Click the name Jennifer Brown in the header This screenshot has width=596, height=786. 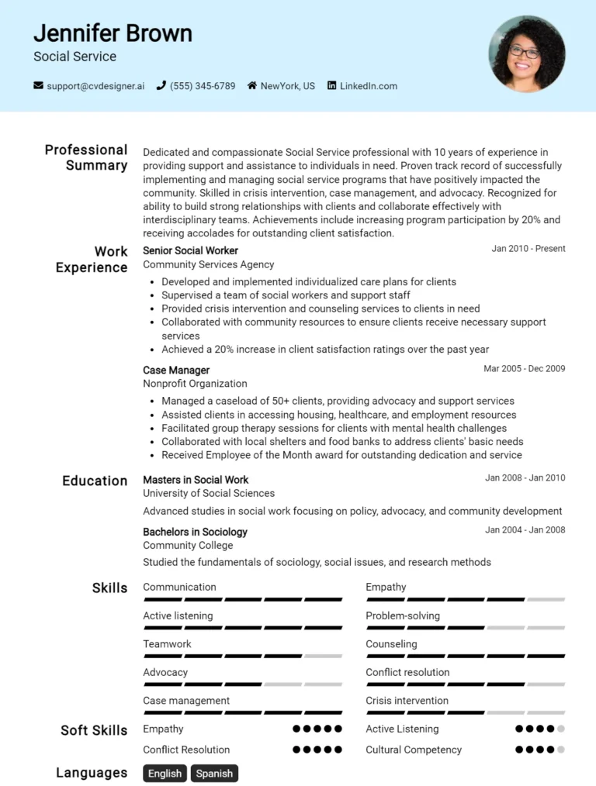click(113, 33)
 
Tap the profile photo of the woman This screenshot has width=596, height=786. click(526, 53)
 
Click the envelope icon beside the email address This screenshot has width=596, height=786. click(38, 86)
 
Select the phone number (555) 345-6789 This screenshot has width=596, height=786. click(202, 86)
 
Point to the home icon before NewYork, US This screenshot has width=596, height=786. click(252, 86)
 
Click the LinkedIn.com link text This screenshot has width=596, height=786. click(368, 86)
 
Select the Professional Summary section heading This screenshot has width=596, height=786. click(86, 157)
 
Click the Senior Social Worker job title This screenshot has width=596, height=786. click(190, 250)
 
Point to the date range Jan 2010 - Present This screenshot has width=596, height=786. click(528, 249)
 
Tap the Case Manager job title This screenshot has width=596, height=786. click(176, 370)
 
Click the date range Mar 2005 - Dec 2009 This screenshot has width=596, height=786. click(524, 368)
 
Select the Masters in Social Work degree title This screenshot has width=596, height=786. click(196, 479)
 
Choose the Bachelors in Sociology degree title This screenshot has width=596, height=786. click(195, 532)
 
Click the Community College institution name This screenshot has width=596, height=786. click(188, 545)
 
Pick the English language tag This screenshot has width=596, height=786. click(165, 773)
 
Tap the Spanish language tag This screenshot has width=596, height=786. click(214, 773)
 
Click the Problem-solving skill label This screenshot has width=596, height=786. click(403, 615)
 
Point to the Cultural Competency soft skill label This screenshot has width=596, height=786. click(414, 750)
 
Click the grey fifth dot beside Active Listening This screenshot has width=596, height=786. click(561, 729)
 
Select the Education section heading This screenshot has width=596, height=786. click(95, 481)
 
